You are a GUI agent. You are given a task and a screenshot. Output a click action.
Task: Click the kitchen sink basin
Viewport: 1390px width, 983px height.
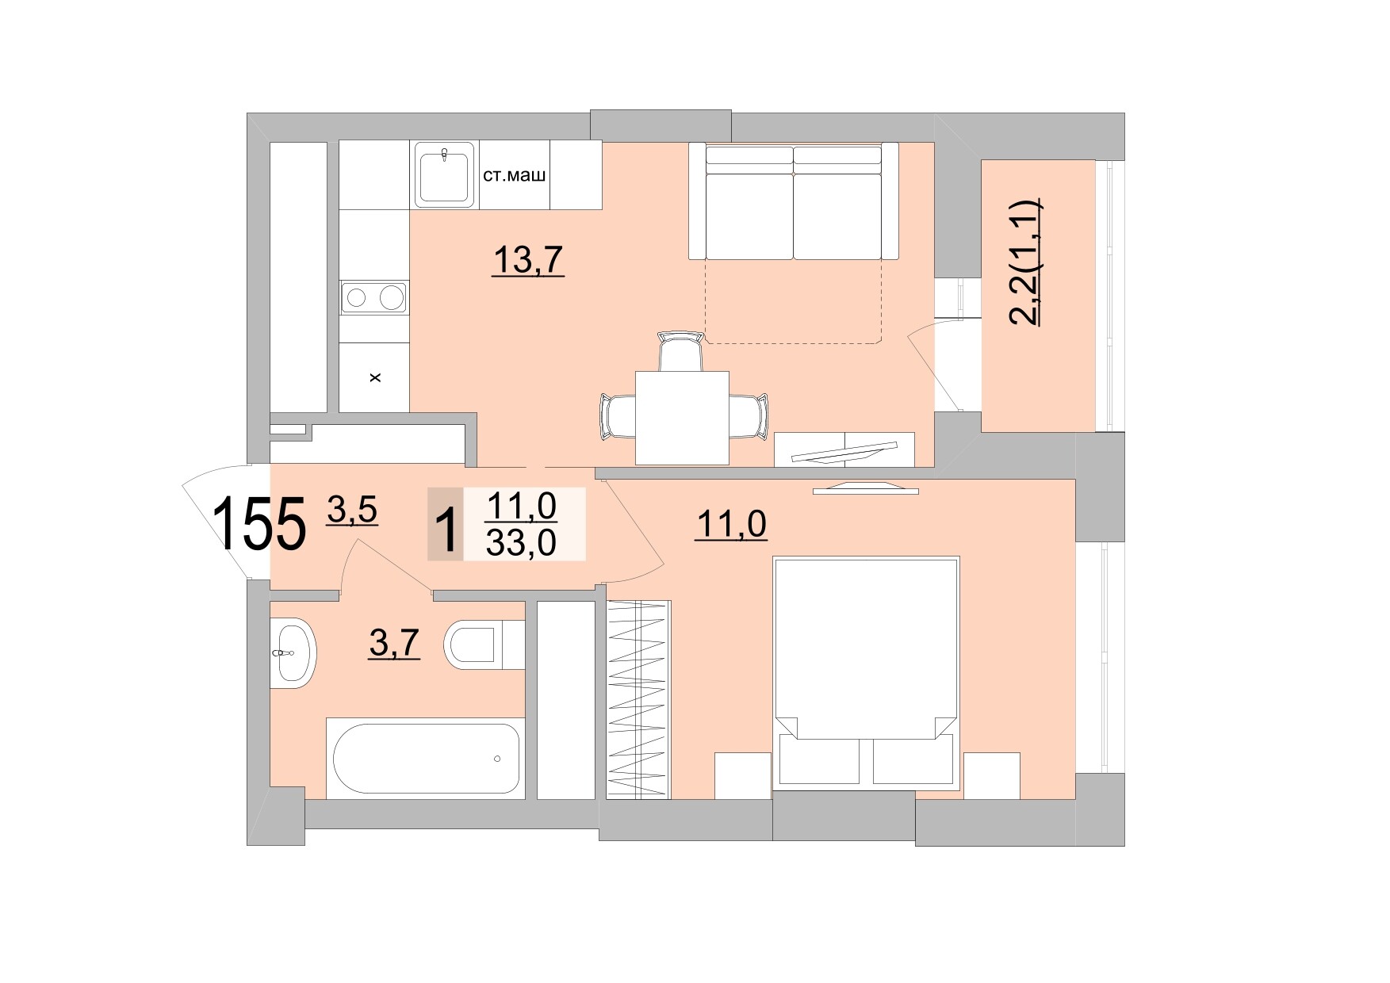tap(445, 176)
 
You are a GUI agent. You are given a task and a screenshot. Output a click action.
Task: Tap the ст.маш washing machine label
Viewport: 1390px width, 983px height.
tap(515, 175)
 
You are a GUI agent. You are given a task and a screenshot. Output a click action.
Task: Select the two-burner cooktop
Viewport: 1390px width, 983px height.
tap(373, 298)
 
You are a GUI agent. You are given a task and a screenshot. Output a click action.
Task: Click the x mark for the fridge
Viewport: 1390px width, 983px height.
tap(375, 378)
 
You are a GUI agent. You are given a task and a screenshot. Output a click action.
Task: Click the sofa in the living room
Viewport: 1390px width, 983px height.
tap(793, 204)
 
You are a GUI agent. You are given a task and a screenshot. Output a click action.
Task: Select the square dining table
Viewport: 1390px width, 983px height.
tap(682, 418)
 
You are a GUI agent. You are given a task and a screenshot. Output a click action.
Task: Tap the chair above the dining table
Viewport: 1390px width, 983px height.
tap(682, 351)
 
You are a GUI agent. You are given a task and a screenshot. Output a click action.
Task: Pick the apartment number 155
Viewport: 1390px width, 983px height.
tap(259, 523)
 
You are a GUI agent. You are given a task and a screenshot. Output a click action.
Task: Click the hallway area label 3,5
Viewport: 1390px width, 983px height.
tap(352, 510)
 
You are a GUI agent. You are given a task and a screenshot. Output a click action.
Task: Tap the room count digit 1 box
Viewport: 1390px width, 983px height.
tap(446, 525)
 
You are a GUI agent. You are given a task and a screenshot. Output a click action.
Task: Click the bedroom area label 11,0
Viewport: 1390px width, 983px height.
tap(730, 524)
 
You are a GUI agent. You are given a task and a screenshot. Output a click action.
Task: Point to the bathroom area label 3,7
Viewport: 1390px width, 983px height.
tap(394, 642)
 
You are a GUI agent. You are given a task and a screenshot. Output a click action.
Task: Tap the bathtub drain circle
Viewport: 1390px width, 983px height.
tap(497, 759)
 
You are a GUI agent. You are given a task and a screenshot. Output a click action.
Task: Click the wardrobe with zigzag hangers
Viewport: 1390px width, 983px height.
tap(638, 699)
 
